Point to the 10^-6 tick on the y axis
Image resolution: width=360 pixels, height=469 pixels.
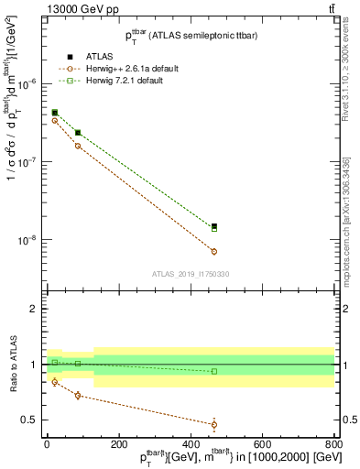[27, 83]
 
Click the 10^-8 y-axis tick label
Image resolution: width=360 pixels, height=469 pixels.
[27, 241]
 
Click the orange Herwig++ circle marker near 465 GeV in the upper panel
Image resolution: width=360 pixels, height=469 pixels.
[214, 251]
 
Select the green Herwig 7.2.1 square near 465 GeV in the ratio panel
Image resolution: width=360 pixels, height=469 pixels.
[214, 371]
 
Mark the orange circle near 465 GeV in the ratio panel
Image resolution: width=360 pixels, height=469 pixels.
[214, 424]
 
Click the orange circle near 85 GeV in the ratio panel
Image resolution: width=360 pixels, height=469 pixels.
[78, 396]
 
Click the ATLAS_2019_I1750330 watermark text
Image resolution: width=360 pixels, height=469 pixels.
[191, 273]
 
